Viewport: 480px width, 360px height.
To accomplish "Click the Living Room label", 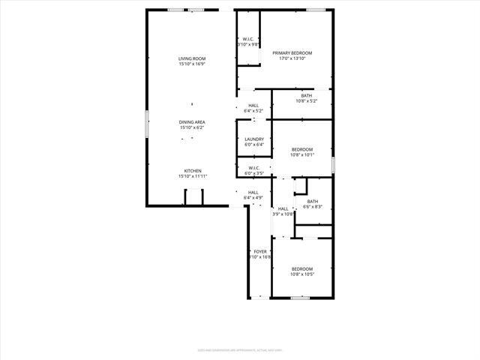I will (x=192, y=58).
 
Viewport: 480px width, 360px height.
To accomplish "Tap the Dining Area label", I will (x=192, y=121).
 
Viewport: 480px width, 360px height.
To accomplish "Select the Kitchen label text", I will (x=193, y=170).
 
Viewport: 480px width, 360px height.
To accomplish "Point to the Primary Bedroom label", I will (x=292, y=52).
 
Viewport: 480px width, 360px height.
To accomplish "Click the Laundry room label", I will (x=253, y=139).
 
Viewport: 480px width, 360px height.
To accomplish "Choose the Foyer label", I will (x=260, y=251).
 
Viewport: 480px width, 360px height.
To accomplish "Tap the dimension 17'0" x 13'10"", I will (x=292, y=58).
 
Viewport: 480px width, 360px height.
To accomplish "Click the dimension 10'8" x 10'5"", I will (x=301, y=274).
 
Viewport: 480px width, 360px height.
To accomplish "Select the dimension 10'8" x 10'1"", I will (x=301, y=154).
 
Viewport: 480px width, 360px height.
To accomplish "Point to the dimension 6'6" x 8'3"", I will (x=313, y=206).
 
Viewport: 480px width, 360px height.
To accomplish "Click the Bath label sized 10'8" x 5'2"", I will (x=307, y=95).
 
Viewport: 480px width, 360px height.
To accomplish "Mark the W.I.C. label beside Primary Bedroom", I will (x=248, y=39).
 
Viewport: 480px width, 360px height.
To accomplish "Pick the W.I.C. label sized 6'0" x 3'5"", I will (x=253, y=168).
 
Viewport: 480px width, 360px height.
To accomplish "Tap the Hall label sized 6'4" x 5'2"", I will (x=253, y=105).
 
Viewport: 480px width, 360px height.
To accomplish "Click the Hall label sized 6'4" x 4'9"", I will (x=253, y=192).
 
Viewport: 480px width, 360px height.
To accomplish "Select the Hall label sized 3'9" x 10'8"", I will (x=283, y=208).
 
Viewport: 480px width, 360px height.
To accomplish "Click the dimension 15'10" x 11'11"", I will (x=193, y=176).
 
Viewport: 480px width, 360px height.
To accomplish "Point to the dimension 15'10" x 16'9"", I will (x=192, y=64).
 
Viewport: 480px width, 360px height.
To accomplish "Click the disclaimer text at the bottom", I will (x=240, y=349).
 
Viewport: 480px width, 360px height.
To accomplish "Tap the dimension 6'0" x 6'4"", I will (x=253, y=145).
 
